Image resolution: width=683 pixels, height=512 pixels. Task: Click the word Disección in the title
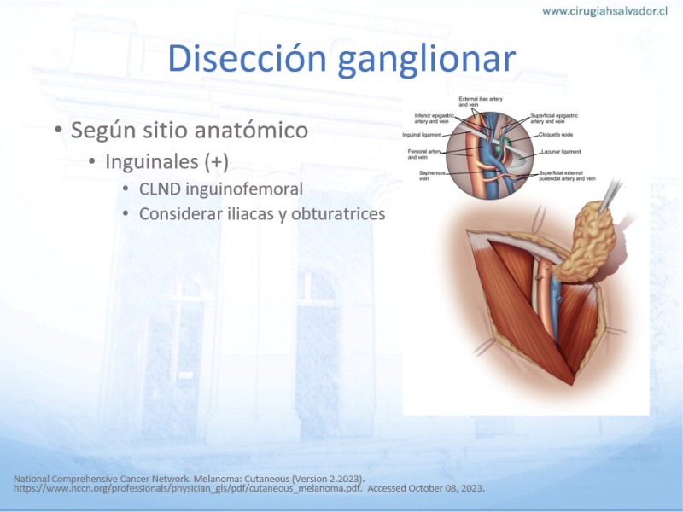click(247, 58)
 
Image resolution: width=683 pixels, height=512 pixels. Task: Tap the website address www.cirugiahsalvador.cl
click(605, 11)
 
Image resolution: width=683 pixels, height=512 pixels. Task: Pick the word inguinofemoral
click(244, 189)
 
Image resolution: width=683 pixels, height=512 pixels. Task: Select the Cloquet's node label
click(556, 135)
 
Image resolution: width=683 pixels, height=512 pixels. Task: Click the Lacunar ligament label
click(561, 152)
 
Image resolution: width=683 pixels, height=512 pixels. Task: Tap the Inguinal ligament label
click(422, 135)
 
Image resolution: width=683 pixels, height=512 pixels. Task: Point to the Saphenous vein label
click(432, 176)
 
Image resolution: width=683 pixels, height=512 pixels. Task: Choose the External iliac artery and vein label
click(481, 102)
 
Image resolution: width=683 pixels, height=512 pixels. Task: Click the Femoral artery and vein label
click(424, 154)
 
